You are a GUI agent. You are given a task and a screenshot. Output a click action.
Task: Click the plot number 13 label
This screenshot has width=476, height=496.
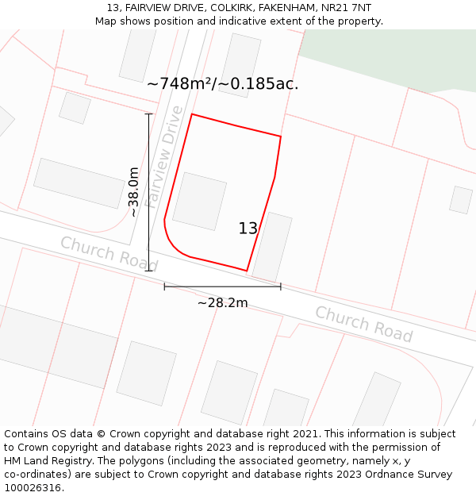[x=248, y=229]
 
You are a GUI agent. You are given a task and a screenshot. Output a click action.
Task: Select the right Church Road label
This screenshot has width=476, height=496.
[x=363, y=324]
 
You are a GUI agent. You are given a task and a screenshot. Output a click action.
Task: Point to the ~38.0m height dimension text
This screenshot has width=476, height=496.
[x=133, y=192]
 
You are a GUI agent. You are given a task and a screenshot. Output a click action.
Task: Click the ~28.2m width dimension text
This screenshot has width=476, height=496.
[x=222, y=302]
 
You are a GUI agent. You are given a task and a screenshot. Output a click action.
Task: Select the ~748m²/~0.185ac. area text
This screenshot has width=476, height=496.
[x=223, y=83]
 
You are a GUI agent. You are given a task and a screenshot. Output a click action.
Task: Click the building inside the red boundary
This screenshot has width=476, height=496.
[x=200, y=201]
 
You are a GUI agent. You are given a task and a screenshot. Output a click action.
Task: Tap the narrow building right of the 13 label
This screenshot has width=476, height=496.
[x=271, y=247]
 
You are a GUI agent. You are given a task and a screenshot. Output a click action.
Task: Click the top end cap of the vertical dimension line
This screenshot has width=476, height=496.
[x=148, y=114]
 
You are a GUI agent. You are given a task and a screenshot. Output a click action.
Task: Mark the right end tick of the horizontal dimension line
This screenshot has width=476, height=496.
[x=280, y=286]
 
